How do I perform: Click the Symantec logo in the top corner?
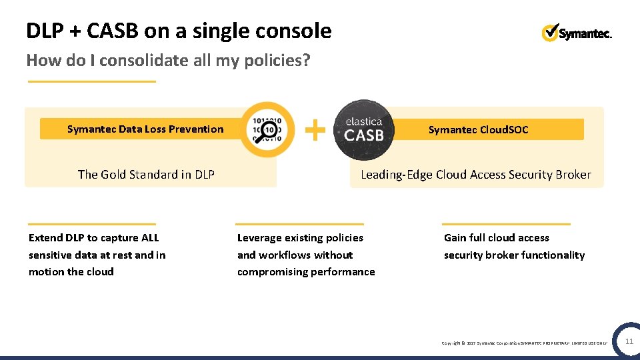tap(577, 33)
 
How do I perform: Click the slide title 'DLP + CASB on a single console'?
tap(179, 31)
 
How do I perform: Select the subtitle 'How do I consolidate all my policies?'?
tap(168, 61)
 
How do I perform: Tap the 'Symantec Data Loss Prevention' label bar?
tap(145, 129)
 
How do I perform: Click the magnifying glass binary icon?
tap(267, 129)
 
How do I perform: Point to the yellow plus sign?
tap(315, 129)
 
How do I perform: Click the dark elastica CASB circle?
tap(363, 129)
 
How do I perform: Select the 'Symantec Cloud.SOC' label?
tap(478, 129)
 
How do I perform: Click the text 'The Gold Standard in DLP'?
tap(146, 175)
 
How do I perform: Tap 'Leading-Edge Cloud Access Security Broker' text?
tap(475, 175)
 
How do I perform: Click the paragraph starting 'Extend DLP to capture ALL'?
tap(97, 255)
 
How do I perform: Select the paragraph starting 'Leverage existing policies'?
tap(306, 255)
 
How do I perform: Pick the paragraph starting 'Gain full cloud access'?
tap(514, 246)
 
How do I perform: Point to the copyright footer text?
tap(524, 343)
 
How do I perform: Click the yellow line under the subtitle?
tap(91, 81)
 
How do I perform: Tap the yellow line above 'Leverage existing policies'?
tap(300, 224)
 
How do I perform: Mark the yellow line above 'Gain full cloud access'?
tap(507, 224)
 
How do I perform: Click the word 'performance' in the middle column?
tap(343, 272)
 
